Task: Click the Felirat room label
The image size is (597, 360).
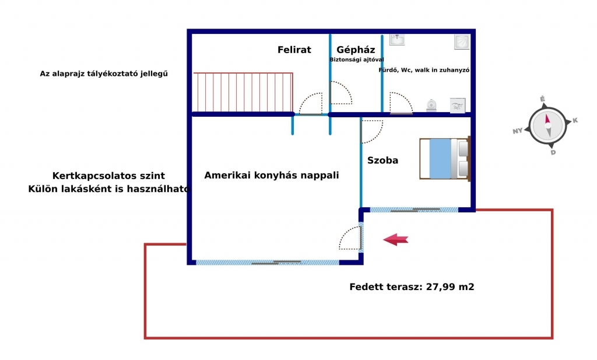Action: tap(294, 50)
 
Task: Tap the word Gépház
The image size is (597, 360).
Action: tap(356, 50)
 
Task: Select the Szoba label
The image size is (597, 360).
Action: tap(382, 160)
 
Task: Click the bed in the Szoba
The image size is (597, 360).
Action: tap(445, 159)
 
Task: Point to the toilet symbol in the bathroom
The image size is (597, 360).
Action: tap(431, 105)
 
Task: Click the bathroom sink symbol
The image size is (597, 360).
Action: tap(396, 39)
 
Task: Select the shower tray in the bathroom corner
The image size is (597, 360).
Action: tap(462, 42)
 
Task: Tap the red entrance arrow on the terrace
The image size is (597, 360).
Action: tap(396, 240)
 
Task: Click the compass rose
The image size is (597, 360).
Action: tap(547, 125)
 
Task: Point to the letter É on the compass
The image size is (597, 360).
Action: tap(542, 99)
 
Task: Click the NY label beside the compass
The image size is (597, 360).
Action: tap(518, 131)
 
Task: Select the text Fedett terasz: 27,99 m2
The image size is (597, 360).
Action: tap(412, 287)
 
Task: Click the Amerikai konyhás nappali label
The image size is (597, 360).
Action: tap(272, 175)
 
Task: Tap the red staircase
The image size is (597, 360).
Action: tap(243, 92)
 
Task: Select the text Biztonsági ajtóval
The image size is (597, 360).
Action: tap(357, 60)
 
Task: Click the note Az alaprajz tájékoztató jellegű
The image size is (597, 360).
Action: tap(104, 74)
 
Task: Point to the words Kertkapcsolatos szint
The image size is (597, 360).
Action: tap(108, 176)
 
